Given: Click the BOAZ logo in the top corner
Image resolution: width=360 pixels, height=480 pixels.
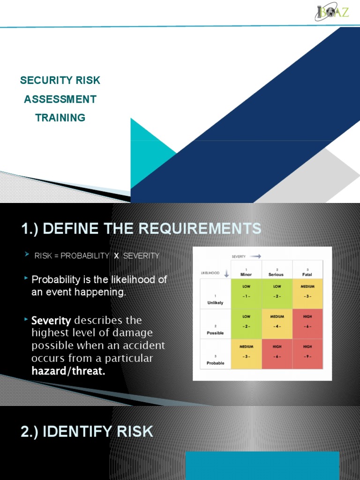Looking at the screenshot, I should [x=331, y=12].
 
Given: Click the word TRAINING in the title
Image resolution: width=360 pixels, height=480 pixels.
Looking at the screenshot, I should [x=60, y=118].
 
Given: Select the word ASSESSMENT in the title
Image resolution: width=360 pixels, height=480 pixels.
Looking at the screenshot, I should [x=60, y=99].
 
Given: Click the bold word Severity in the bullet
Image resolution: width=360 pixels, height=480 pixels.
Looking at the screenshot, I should [x=51, y=321].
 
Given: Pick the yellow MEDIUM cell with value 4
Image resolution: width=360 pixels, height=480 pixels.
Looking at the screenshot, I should [x=277, y=323].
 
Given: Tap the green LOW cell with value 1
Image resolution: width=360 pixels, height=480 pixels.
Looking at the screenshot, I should [x=246, y=293].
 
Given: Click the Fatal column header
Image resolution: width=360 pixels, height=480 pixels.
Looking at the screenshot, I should [x=307, y=272].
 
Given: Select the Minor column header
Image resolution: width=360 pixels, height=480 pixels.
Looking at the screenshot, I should [x=246, y=272].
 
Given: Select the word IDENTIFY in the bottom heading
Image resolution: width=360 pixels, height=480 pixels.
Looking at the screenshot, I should [x=81, y=432].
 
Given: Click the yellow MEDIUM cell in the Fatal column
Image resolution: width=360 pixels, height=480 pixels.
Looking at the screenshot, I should [x=307, y=293].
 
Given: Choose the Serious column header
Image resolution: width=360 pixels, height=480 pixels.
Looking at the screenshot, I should [x=277, y=272].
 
